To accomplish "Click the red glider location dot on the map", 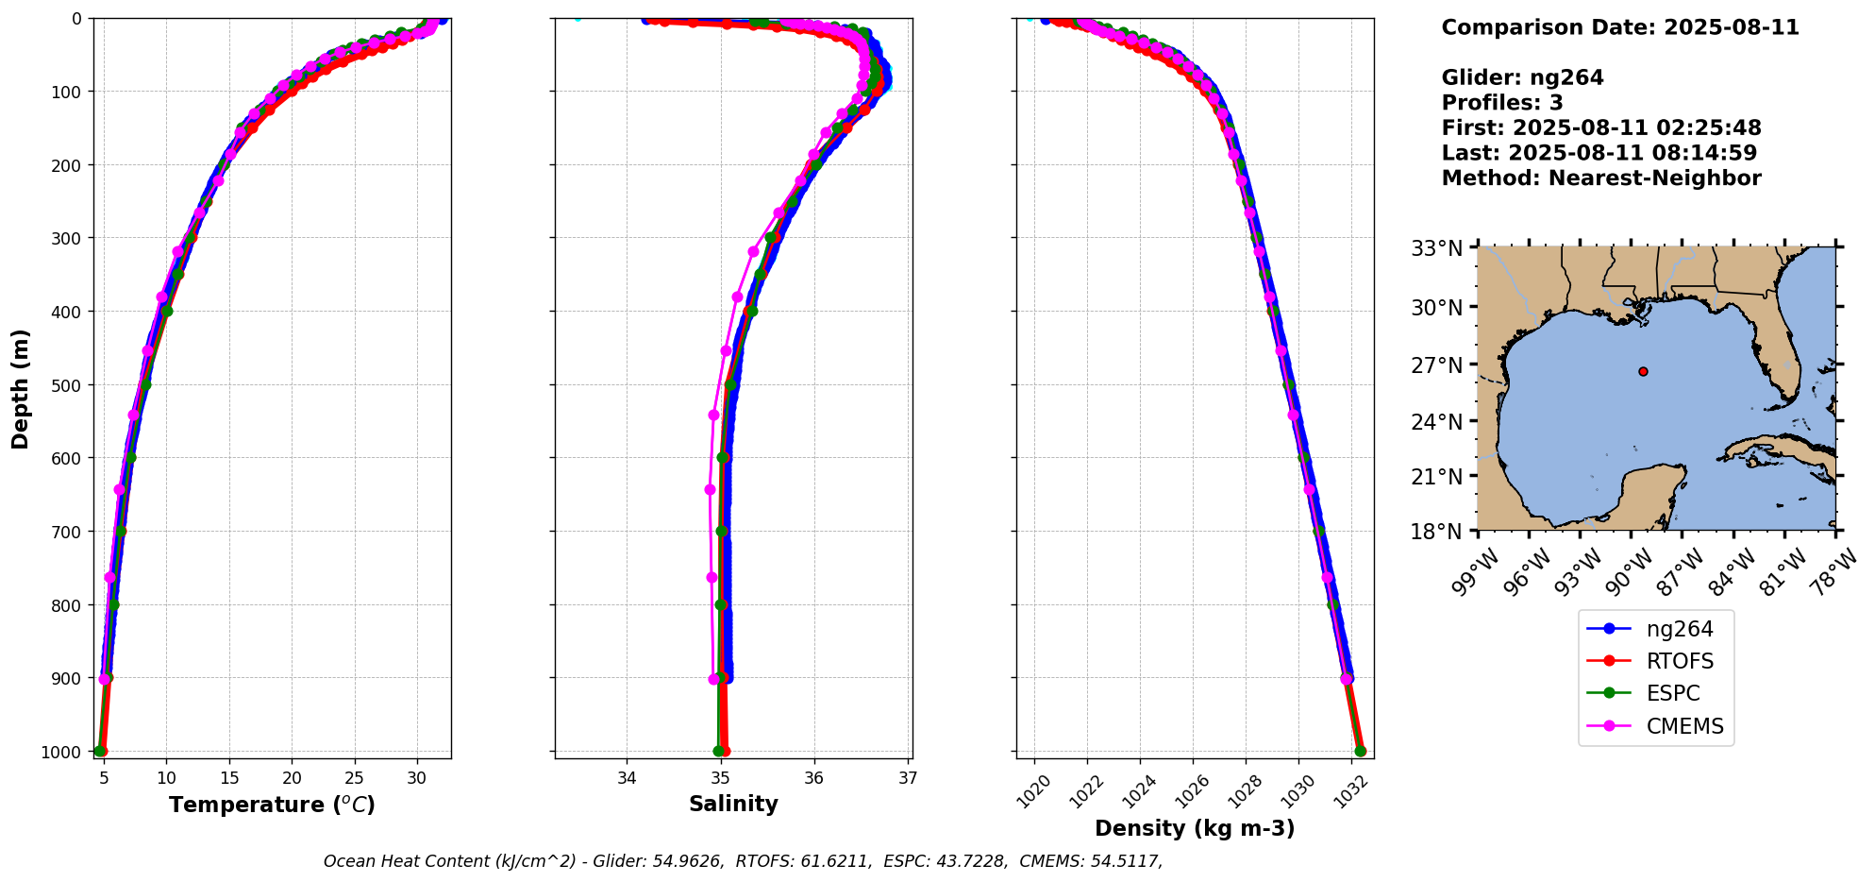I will [x=1643, y=372].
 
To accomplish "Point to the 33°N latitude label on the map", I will [x=1436, y=249].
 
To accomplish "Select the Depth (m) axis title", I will [x=21, y=388].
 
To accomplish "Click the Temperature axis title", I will [x=272, y=805].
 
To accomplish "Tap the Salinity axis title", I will [x=733, y=804].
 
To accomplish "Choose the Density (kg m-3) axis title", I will [x=1195, y=828].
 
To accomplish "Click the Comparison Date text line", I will [x=1620, y=27].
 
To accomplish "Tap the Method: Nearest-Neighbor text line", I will [x=1601, y=178].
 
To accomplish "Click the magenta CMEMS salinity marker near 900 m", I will [x=714, y=679].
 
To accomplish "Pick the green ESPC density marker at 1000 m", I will [x=1360, y=752].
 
